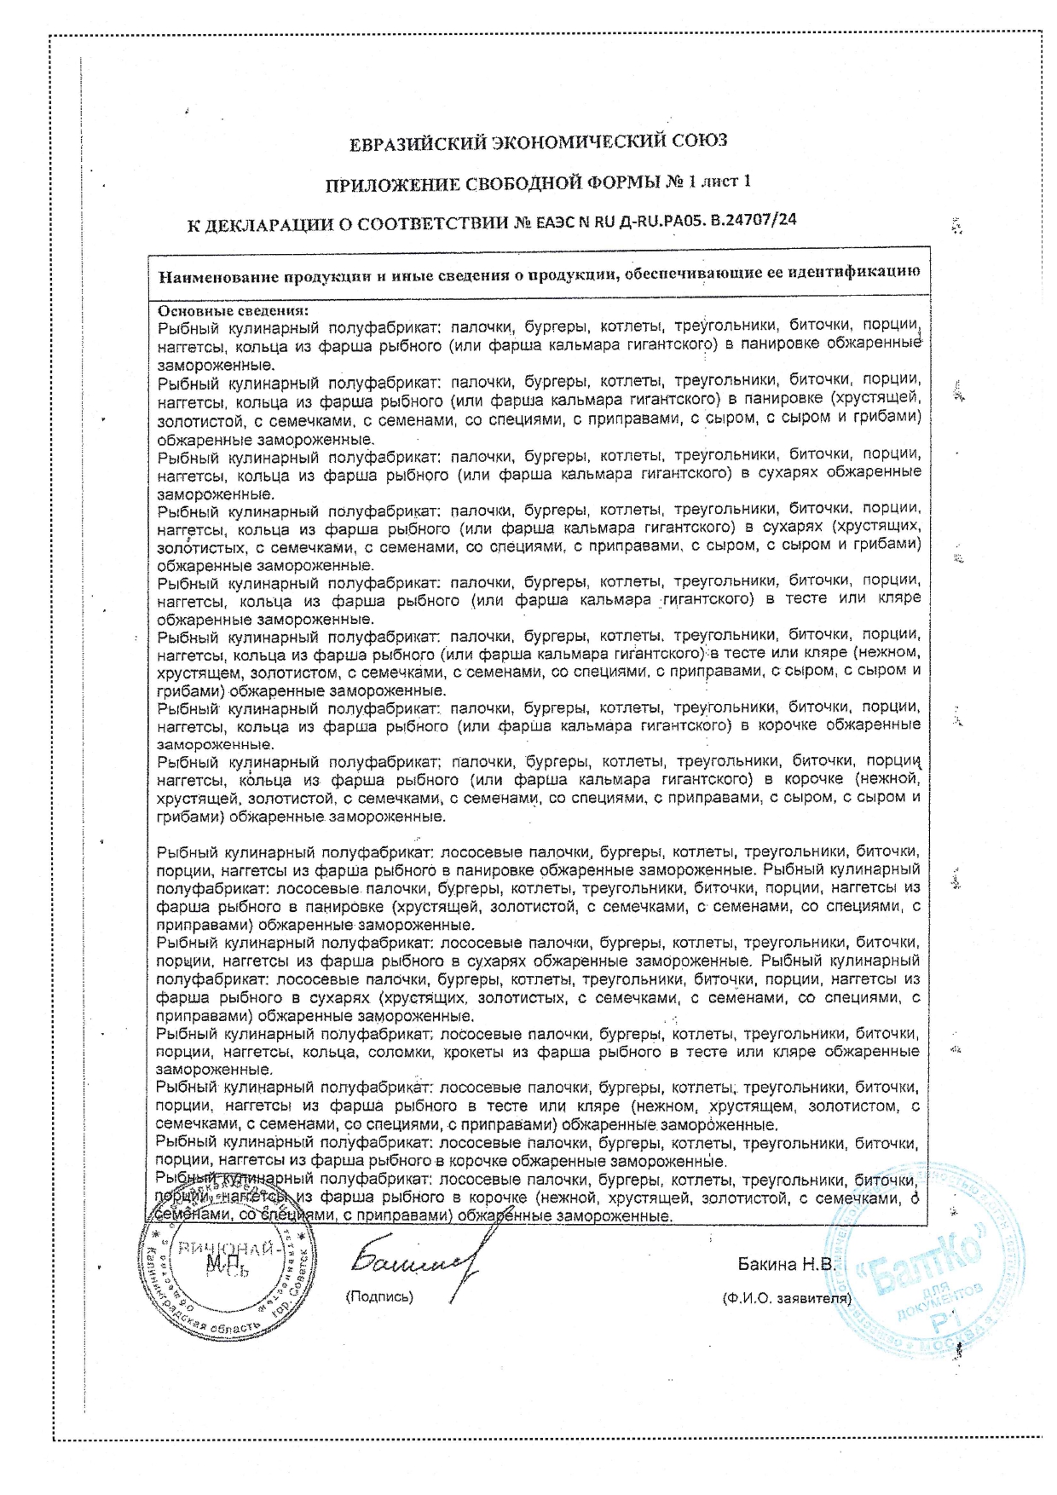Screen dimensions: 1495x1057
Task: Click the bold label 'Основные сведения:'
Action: [x=233, y=311]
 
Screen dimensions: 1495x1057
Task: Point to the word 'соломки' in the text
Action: [x=401, y=1052]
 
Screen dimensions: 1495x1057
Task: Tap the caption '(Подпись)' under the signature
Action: [x=379, y=1296]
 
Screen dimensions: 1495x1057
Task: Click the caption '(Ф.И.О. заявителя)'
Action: [x=786, y=1299]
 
